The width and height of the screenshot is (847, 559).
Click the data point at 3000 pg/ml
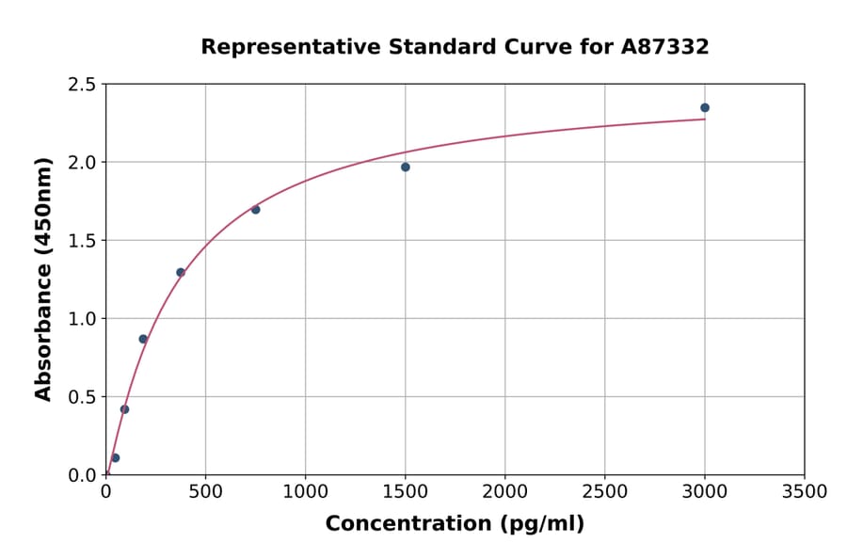click(705, 107)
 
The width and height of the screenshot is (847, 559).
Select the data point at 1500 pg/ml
click(406, 167)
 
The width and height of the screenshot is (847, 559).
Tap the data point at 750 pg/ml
click(256, 209)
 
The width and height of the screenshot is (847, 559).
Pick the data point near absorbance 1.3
click(181, 272)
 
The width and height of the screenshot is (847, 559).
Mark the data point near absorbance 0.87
click(143, 339)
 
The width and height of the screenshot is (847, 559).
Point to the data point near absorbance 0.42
click(124, 409)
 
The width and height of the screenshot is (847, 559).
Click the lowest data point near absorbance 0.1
click(115, 458)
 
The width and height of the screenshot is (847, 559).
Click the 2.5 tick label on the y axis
click(82, 85)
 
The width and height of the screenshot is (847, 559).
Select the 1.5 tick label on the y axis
click(82, 241)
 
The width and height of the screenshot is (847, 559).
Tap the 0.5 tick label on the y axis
click(82, 397)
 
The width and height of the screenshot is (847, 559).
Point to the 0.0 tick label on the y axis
click(82, 475)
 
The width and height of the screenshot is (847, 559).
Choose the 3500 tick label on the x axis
click(805, 492)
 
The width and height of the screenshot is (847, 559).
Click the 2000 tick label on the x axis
click(505, 492)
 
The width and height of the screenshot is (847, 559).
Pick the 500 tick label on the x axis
click(205, 492)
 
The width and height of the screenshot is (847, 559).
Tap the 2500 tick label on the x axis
click(605, 492)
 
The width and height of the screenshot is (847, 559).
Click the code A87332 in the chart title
click(664, 47)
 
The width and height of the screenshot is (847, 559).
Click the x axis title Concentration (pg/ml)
click(455, 524)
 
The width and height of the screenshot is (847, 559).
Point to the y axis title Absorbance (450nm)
click(44, 279)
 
